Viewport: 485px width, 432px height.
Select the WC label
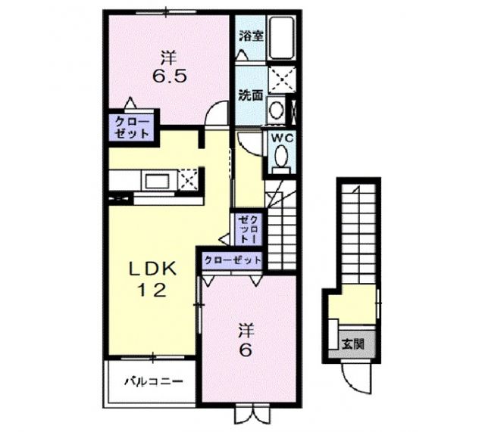[x=281, y=138]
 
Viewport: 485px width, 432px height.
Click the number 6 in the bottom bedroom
[x=246, y=352]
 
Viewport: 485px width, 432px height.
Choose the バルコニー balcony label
[x=153, y=381]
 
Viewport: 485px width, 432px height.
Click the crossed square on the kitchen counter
[x=189, y=180]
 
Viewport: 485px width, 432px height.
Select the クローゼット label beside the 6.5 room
[x=133, y=126]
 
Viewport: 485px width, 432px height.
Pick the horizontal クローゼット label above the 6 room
[x=232, y=260]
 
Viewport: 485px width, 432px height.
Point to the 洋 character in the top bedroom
[x=167, y=57]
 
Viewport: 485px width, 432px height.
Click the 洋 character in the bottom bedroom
[x=246, y=331]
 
